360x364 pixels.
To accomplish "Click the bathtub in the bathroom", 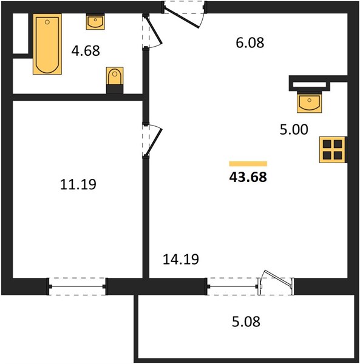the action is click(x=47, y=44).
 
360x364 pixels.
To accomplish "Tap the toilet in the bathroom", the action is click(x=115, y=80).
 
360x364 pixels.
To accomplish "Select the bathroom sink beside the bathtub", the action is click(x=95, y=22).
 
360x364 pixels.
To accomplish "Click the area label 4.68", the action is click(x=86, y=50).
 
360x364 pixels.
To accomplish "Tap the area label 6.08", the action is click(x=250, y=42).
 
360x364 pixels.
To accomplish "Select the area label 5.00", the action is click(x=294, y=130).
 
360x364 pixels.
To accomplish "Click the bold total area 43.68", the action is click(x=248, y=177).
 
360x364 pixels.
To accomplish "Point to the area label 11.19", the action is click(x=78, y=184).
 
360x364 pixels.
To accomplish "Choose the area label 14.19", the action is click(x=181, y=259).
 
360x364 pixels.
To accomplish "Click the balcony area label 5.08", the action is click(x=246, y=322).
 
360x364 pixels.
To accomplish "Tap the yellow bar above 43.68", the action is click(x=248, y=164).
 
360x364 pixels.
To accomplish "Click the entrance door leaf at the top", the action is click(x=181, y=18).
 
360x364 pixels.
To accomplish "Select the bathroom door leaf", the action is click(x=154, y=30).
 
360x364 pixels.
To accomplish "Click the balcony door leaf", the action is click(x=277, y=278).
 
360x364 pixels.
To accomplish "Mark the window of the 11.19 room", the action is click(x=77, y=286).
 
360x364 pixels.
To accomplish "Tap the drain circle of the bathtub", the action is click(x=47, y=22).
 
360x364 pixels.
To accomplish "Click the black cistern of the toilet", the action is click(x=115, y=89).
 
